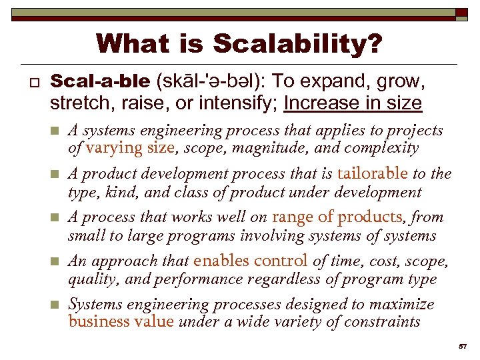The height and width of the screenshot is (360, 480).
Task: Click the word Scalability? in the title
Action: click(x=298, y=45)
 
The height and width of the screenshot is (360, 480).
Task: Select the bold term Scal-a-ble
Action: click(x=100, y=82)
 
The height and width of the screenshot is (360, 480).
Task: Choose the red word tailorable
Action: click(x=372, y=173)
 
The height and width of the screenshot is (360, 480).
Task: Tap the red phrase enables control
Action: click(x=250, y=261)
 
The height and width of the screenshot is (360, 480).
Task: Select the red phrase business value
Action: click(x=121, y=322)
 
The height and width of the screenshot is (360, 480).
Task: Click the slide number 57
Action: click(x=463, y=347)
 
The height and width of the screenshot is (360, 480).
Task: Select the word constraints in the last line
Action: click(x=383, y=322)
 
